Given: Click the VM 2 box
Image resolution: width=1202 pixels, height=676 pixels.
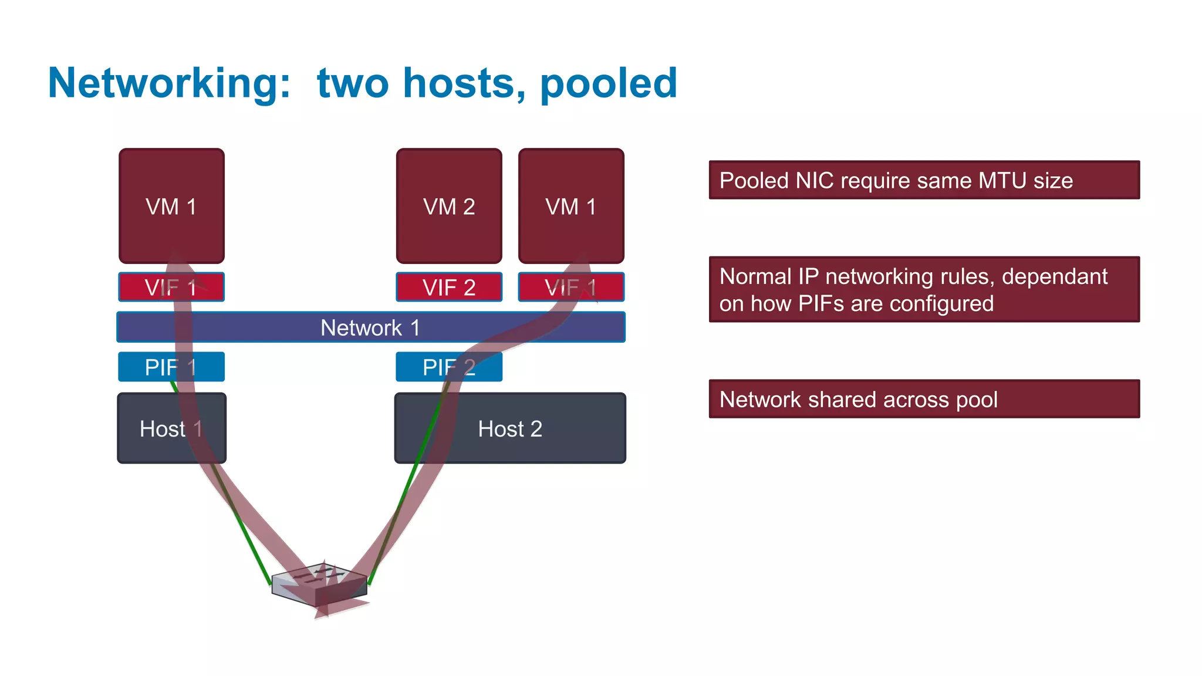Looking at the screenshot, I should [449, 206].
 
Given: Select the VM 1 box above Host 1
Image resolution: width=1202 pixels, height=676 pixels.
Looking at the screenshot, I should [171, 206].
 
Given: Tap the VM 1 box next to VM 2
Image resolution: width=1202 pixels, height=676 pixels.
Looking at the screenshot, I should [571, 206].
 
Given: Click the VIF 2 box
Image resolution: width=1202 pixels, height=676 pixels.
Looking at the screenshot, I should [449, 287].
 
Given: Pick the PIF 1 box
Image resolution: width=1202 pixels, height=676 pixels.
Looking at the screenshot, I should [171, 367].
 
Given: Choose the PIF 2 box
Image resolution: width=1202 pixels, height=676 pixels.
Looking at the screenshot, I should [449, 367].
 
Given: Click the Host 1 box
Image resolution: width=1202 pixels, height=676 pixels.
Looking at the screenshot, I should [171, 428].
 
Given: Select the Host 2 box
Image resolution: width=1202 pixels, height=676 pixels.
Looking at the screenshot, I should [510, 428].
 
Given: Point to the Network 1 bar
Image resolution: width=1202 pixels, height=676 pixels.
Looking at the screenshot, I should [370, 327].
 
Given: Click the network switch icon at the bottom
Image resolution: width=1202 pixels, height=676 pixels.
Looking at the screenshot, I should [320, 584].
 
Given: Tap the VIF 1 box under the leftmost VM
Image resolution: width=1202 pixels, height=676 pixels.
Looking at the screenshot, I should [171, 287].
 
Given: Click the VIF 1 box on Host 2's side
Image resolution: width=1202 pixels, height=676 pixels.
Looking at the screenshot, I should [571, 287].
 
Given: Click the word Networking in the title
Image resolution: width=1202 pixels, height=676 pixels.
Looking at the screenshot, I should [169, 83].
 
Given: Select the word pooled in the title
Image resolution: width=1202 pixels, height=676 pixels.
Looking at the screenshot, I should [608, 83].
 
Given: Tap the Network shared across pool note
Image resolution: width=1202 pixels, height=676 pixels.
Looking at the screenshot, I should [924, 399].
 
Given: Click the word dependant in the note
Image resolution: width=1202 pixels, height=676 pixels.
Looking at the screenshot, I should [1054, 276].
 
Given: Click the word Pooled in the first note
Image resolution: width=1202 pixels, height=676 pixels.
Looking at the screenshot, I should [754, 181].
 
